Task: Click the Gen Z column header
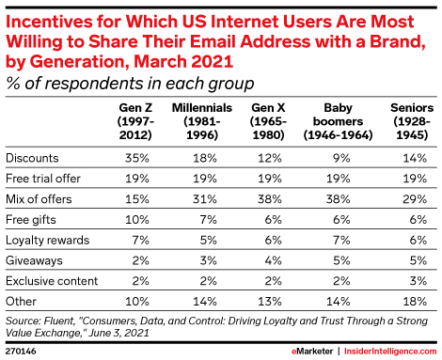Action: point(135,121)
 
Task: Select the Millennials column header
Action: point(202,121)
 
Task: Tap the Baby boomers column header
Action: point(338,121)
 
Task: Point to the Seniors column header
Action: point(412,121)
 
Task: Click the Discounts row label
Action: point(32,158)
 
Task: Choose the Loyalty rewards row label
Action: point(48,241)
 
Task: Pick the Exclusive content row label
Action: point(52,281)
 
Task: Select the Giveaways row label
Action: point(34,260)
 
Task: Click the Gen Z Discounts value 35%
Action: point(137,158)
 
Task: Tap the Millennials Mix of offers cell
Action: point(205,199)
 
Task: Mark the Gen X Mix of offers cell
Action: point(270,199)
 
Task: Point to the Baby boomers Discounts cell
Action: point(341,158)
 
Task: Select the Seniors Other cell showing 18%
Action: point(415,302)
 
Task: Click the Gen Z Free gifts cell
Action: point(137,220)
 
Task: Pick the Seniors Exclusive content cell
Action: point(418,281)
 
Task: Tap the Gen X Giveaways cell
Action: point(273,260)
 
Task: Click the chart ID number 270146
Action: point(21,352)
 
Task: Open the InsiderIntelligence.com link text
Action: point(390,352)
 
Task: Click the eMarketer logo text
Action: point(312,352)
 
